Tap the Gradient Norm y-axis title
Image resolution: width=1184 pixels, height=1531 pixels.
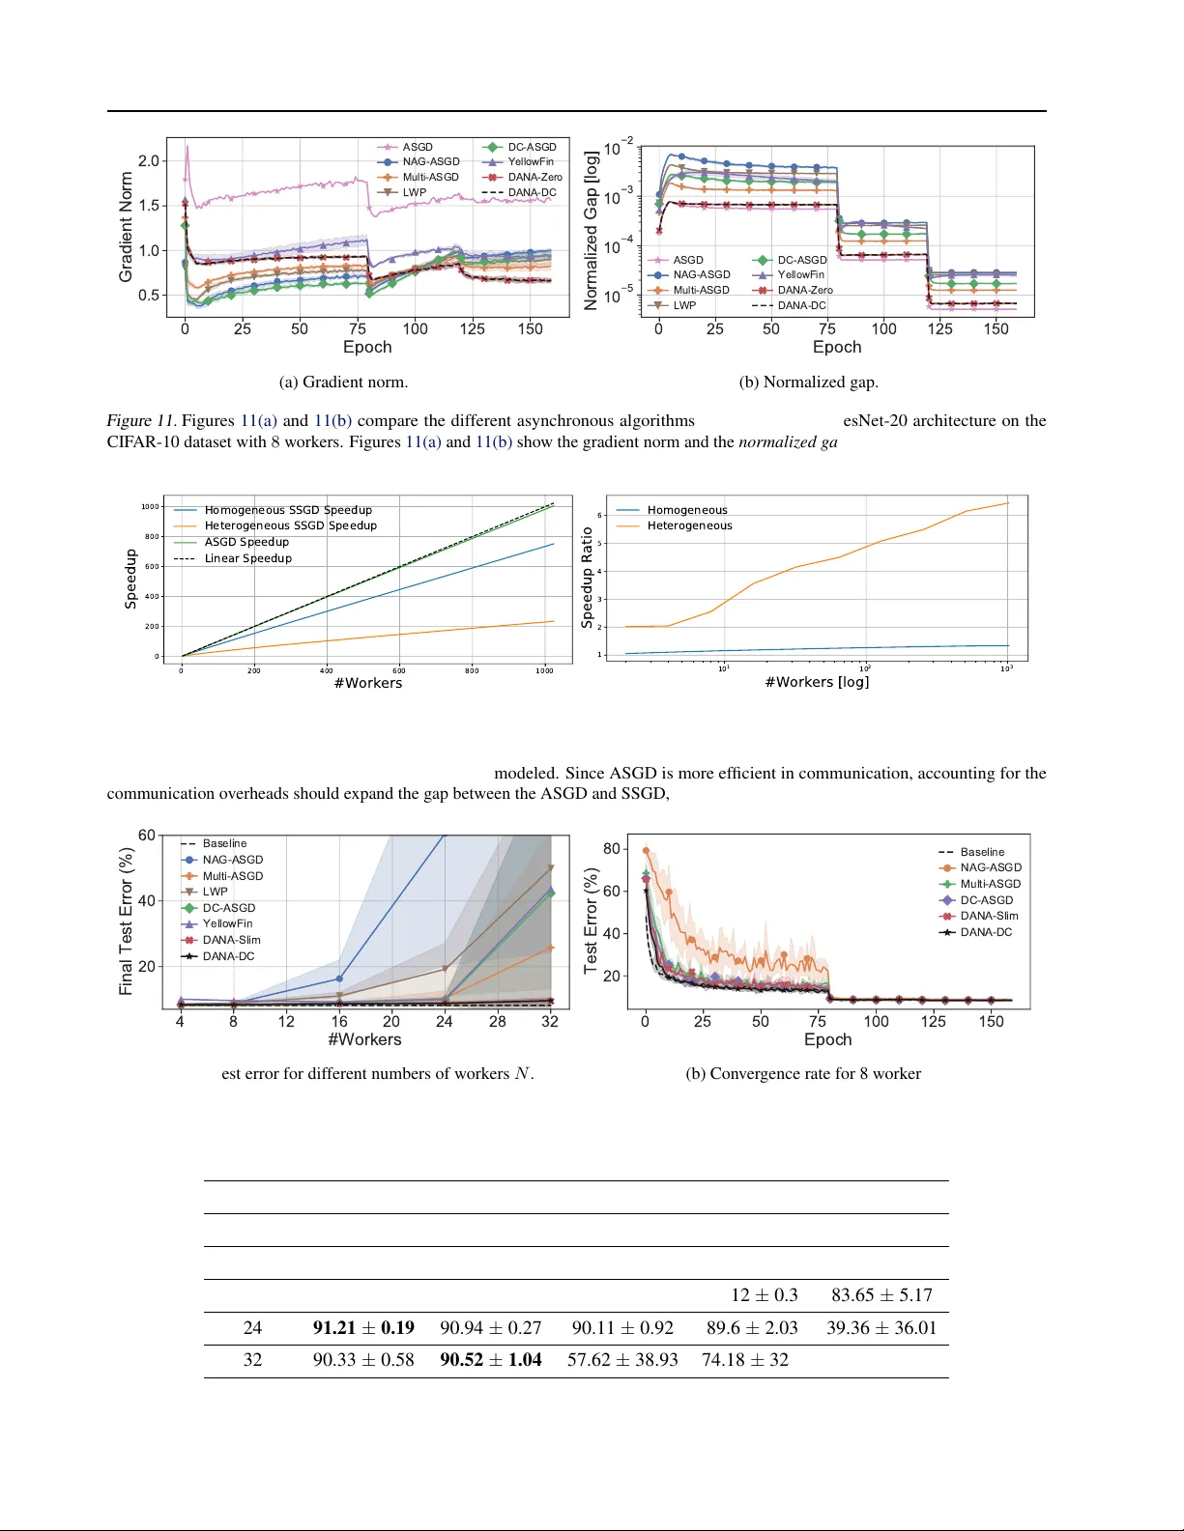coord(126,227)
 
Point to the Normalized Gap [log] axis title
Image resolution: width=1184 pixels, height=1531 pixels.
coord(591,230)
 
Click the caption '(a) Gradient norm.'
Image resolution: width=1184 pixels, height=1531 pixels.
coord(343,383)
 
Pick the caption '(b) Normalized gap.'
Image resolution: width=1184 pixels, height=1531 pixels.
coord(808,383)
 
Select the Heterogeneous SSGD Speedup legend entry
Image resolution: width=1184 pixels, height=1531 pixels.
coord(290,525)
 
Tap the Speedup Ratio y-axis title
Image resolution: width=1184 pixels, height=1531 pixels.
coord(587,578)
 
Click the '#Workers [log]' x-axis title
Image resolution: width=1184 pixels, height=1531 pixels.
coord(817,682)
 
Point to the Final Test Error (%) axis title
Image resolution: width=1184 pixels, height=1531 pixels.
coord(126,921)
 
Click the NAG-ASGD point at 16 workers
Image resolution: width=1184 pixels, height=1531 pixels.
coord(339,978)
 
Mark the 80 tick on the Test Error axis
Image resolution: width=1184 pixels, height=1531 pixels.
coord(612,848)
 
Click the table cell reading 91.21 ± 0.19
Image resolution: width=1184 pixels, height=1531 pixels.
coord(363,1328)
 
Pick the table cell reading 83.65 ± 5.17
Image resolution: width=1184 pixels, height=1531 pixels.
coord(881,1295)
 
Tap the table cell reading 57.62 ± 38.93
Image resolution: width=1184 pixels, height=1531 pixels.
coord(622,1360)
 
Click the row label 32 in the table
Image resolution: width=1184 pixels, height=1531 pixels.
coord(252,1360)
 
